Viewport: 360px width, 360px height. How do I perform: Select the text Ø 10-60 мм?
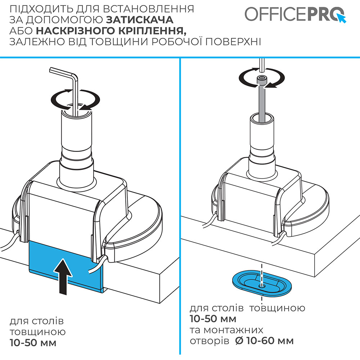[264, 340]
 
